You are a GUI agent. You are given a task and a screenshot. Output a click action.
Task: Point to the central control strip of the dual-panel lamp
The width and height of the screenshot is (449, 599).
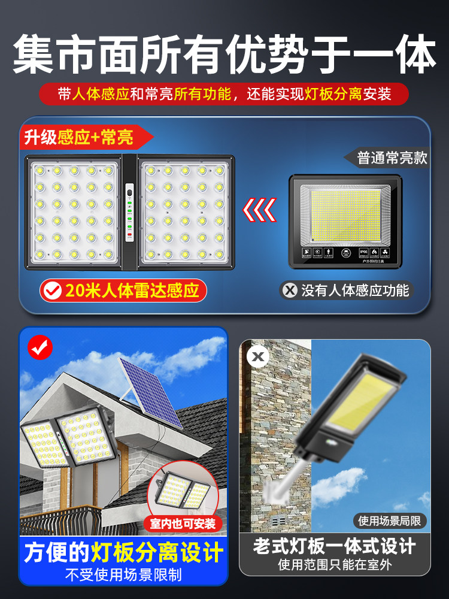pyautogui.click(x=129, y=212)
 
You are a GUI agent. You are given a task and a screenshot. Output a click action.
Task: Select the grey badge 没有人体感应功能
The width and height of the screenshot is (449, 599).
pyautogui.click(x=347, y=291)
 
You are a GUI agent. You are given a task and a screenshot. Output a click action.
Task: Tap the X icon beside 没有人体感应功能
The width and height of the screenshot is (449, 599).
pyautogui.click(x=290, y=291)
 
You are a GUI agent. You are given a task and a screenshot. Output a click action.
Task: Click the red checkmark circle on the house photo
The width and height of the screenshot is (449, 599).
pyautogui.click(x=41, y=347)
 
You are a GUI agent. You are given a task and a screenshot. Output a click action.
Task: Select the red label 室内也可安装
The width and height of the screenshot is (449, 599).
pyautogui.click(x=183, y=524)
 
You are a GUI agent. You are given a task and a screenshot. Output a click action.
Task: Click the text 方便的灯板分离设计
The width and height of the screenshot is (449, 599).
pyautogui.click(x=123, y=552)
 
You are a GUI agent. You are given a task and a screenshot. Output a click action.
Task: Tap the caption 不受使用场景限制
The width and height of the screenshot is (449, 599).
pyautogui.click(x=123, y=576)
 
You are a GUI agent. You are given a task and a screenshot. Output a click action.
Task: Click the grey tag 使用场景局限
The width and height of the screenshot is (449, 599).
pyautogui.click(x=390, y=521)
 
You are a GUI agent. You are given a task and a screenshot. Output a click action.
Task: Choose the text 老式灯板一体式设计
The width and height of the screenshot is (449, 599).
pyautogui.click(x=334, y=546)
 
